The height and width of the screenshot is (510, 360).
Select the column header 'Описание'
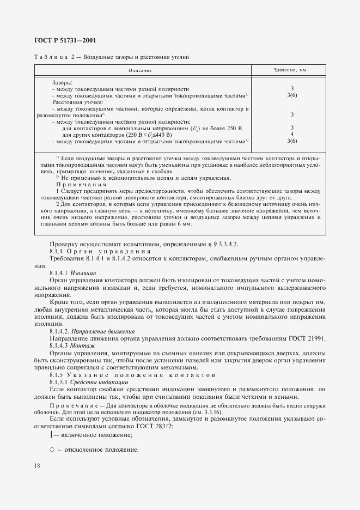point(140,71)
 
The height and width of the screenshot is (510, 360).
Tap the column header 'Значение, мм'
point(292,71)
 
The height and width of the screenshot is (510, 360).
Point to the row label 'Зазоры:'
point(63,82)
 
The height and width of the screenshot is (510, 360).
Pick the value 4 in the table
point(292,135)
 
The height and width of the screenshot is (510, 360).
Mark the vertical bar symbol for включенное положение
point(51,435)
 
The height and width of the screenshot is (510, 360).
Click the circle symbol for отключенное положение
point(52,450)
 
